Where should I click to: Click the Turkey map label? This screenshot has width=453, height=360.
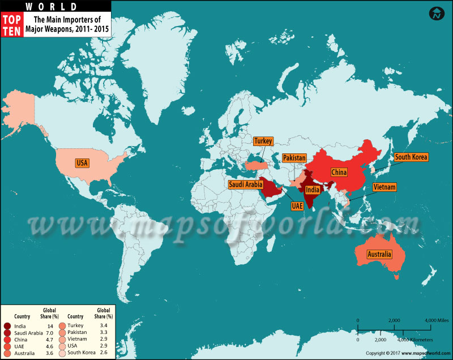(263, 141)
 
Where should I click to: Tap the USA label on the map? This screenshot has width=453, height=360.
(83, 163)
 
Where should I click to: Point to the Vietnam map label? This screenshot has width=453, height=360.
(384, 187)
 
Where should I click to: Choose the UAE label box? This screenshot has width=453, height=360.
(297, 207)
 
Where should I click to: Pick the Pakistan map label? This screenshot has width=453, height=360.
(294, 157)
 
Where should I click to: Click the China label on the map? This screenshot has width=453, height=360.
(339, 172)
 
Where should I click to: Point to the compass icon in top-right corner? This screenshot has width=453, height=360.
(437, 14)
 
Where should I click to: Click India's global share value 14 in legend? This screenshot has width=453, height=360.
(49, 326)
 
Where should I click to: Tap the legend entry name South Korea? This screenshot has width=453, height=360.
(82, 353)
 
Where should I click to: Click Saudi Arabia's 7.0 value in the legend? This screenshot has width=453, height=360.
(49, 333)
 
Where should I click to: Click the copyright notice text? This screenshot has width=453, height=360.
(403, 353)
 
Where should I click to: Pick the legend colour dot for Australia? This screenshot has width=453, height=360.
(6, 353)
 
